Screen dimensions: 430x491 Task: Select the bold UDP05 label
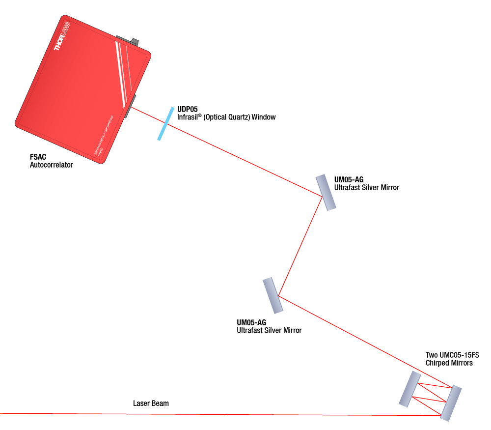click(187, 109)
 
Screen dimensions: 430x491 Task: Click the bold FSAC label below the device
click(38, 157)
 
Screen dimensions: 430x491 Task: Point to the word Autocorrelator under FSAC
click(51, 165)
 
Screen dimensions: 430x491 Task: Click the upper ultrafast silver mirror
click(326, 192)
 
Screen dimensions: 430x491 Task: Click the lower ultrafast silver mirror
click(273, 295)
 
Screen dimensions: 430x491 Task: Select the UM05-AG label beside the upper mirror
click(349, 179)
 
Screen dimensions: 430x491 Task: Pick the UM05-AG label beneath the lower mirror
click(251, 322)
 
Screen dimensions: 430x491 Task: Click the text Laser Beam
click(151, 403)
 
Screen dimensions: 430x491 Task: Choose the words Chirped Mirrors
click(449, 363)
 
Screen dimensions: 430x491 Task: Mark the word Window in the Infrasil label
click(263, 117)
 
